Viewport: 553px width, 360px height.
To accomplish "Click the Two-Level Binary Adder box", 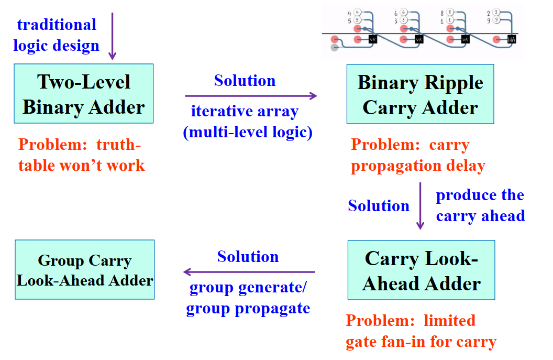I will tap(84, 94).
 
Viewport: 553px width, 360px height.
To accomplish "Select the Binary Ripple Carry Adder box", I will tap(420, 94).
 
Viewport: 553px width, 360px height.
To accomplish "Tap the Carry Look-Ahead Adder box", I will tap(421, 270).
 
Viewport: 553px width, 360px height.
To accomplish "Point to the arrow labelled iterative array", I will tap(251, 95).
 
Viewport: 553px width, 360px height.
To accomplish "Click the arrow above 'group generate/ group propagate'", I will tap(249, 272).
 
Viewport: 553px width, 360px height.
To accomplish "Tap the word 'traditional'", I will tap(57, 25).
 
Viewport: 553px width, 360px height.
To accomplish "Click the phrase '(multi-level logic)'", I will tap(248, 133).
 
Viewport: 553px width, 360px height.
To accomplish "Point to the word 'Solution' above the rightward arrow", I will tap(245, 81).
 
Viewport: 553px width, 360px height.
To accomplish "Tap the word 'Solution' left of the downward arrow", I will tap(379, 205).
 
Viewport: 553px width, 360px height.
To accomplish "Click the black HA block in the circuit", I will tap(512, 39).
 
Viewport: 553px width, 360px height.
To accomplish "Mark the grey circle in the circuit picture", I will tap(335, 48).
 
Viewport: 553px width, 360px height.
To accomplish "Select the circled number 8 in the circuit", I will tap(450, 12).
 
